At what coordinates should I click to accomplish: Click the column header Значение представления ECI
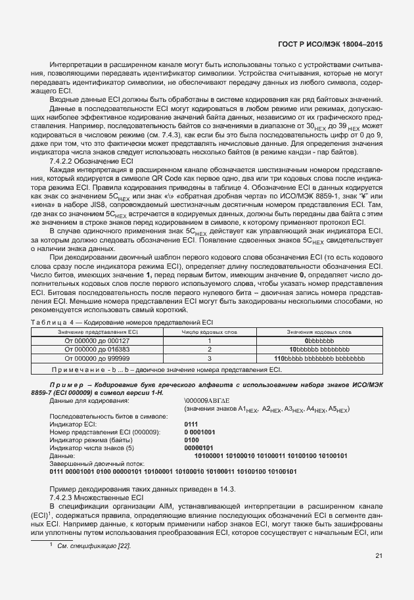coord(97,333)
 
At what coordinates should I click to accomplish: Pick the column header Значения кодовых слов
coord(319,333)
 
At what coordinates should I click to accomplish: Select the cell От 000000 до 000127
coord(97,340)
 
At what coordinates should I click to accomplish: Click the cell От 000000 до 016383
coord(97,350)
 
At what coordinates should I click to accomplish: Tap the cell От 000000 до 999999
coord(97,359)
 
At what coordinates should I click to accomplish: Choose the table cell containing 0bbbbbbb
coord(319,340)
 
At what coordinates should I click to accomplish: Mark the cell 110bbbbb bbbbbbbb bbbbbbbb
coord(319,359)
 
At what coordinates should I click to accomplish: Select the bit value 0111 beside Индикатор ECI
coord(192,424)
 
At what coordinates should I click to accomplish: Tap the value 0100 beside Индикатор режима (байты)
coord(192,440)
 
